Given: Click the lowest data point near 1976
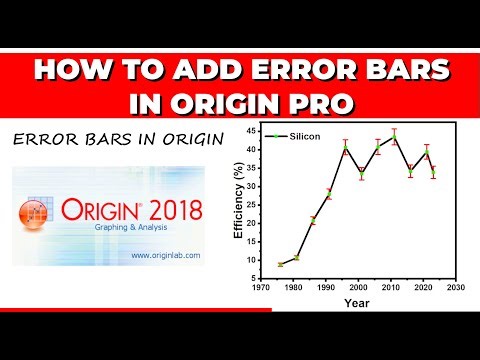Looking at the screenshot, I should point(280,264).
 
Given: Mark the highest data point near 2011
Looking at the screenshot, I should point(394,135).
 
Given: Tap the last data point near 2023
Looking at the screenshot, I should point(433,170).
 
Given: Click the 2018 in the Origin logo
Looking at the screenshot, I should point(170,210).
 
